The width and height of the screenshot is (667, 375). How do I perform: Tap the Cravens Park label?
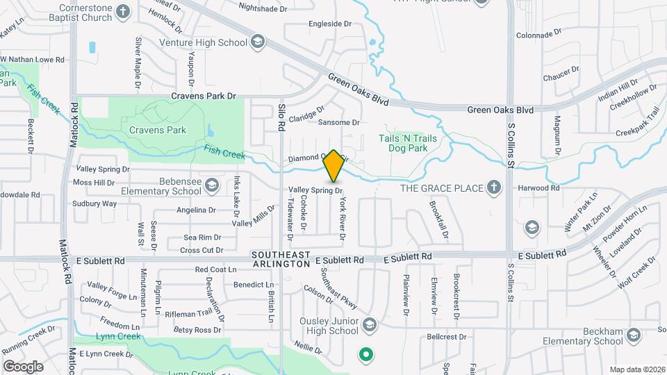click(x=157, y=130)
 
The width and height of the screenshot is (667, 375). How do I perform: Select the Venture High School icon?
click(x=258, y=42)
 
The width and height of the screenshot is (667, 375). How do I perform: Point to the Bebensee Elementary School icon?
click(x=212, y=185)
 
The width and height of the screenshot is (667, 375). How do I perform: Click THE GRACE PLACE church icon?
click(x=493, y=187)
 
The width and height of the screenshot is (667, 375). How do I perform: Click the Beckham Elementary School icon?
click(x=633, y=335)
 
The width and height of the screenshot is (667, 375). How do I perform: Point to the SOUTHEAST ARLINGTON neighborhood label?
click(x=281, y=260)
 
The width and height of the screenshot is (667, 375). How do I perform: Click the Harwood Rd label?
click(x=539, y=188)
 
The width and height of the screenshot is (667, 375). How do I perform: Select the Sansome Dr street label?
click(x=338, y=122)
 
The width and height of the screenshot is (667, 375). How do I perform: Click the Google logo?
click(x=23, y=366)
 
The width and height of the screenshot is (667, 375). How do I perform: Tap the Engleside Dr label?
click(x=331, y=24)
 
